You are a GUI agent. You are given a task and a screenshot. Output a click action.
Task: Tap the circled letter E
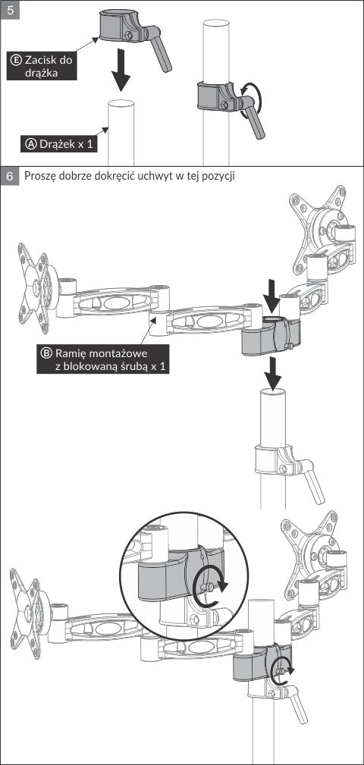pyautogui.click(x=16, y=60)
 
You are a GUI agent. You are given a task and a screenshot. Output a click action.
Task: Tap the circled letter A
pyautogui.click(x=31, y=145)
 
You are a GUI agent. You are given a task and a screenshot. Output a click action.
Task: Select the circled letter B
pyautogui.click(x=47, y=353)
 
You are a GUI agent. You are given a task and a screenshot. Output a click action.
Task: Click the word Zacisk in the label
pyautogui.click(x=42, y=60)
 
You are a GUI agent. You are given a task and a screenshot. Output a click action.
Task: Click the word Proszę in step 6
pyautogui.click(x=40, y=177)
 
